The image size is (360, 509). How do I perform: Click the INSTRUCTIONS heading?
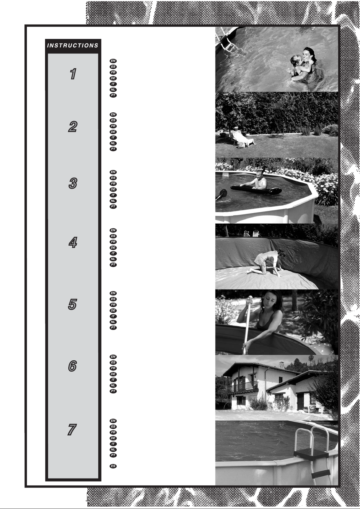73,45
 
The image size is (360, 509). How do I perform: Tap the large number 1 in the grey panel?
73,74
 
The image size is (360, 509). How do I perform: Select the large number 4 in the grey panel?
73,242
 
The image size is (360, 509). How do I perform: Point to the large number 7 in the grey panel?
72,430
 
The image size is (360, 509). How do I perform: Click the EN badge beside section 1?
113,61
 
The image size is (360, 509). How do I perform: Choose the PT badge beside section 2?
113,149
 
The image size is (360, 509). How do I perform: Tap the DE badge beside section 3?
113,189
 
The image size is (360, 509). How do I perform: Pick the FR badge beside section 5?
113,305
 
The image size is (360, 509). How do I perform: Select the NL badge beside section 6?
113,385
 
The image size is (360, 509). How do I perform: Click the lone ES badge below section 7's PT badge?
113,466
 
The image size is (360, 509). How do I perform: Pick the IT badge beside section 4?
113,253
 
